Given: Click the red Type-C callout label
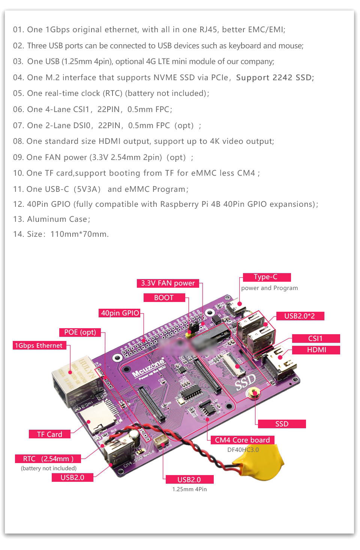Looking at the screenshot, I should [267, 277].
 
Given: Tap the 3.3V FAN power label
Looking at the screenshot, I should [168, 283].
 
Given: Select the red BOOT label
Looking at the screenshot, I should [164, 298].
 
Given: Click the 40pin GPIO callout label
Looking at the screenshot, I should [120, 313].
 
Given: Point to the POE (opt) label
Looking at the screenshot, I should [80, 332].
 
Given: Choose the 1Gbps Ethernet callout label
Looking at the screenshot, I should [39, 345].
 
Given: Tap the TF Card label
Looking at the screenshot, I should [49, 434].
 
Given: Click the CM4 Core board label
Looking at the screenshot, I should [242, 440].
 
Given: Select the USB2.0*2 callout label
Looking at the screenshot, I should [299, 316].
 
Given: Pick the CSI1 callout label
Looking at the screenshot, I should [315, 338].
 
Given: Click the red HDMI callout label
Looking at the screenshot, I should [316, 350].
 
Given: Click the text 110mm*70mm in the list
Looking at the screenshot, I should [79, 234].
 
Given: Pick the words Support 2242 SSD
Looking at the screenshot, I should [274, 78].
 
